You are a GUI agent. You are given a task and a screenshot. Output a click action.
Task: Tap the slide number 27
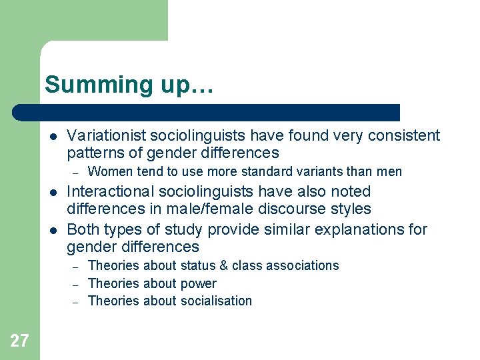(x=19, y=341)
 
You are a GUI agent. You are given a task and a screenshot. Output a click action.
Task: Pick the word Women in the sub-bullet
(x=107, y=172)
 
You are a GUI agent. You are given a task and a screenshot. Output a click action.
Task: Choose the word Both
(x=83, y=230)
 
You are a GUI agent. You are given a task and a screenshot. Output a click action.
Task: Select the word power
(x=199, y=283)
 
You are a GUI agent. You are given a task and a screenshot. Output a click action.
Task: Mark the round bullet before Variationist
(x=52, y=137)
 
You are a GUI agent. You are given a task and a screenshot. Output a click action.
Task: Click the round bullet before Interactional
(x=52, y=193)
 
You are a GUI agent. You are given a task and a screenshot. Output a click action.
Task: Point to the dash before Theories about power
(x=76, y=284)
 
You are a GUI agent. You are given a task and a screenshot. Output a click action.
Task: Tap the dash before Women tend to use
(x=76, y=173)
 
